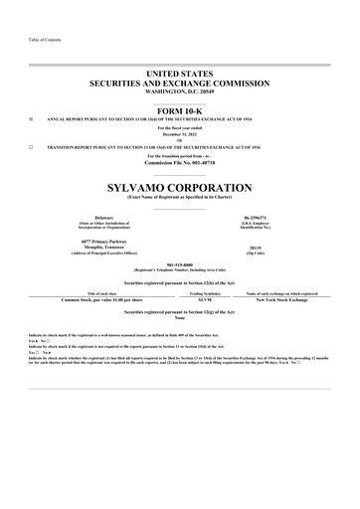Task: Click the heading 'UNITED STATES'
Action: (180, 75)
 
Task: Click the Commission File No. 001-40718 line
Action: (180, 162)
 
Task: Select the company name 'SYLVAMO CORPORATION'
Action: (180, 186)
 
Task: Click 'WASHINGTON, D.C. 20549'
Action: (180, 90)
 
